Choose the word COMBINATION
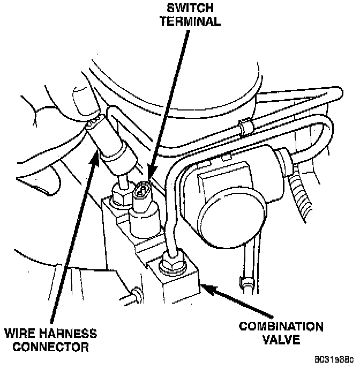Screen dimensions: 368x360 click(x=281, y=327)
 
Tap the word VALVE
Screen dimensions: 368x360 click(x=281, y=340)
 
